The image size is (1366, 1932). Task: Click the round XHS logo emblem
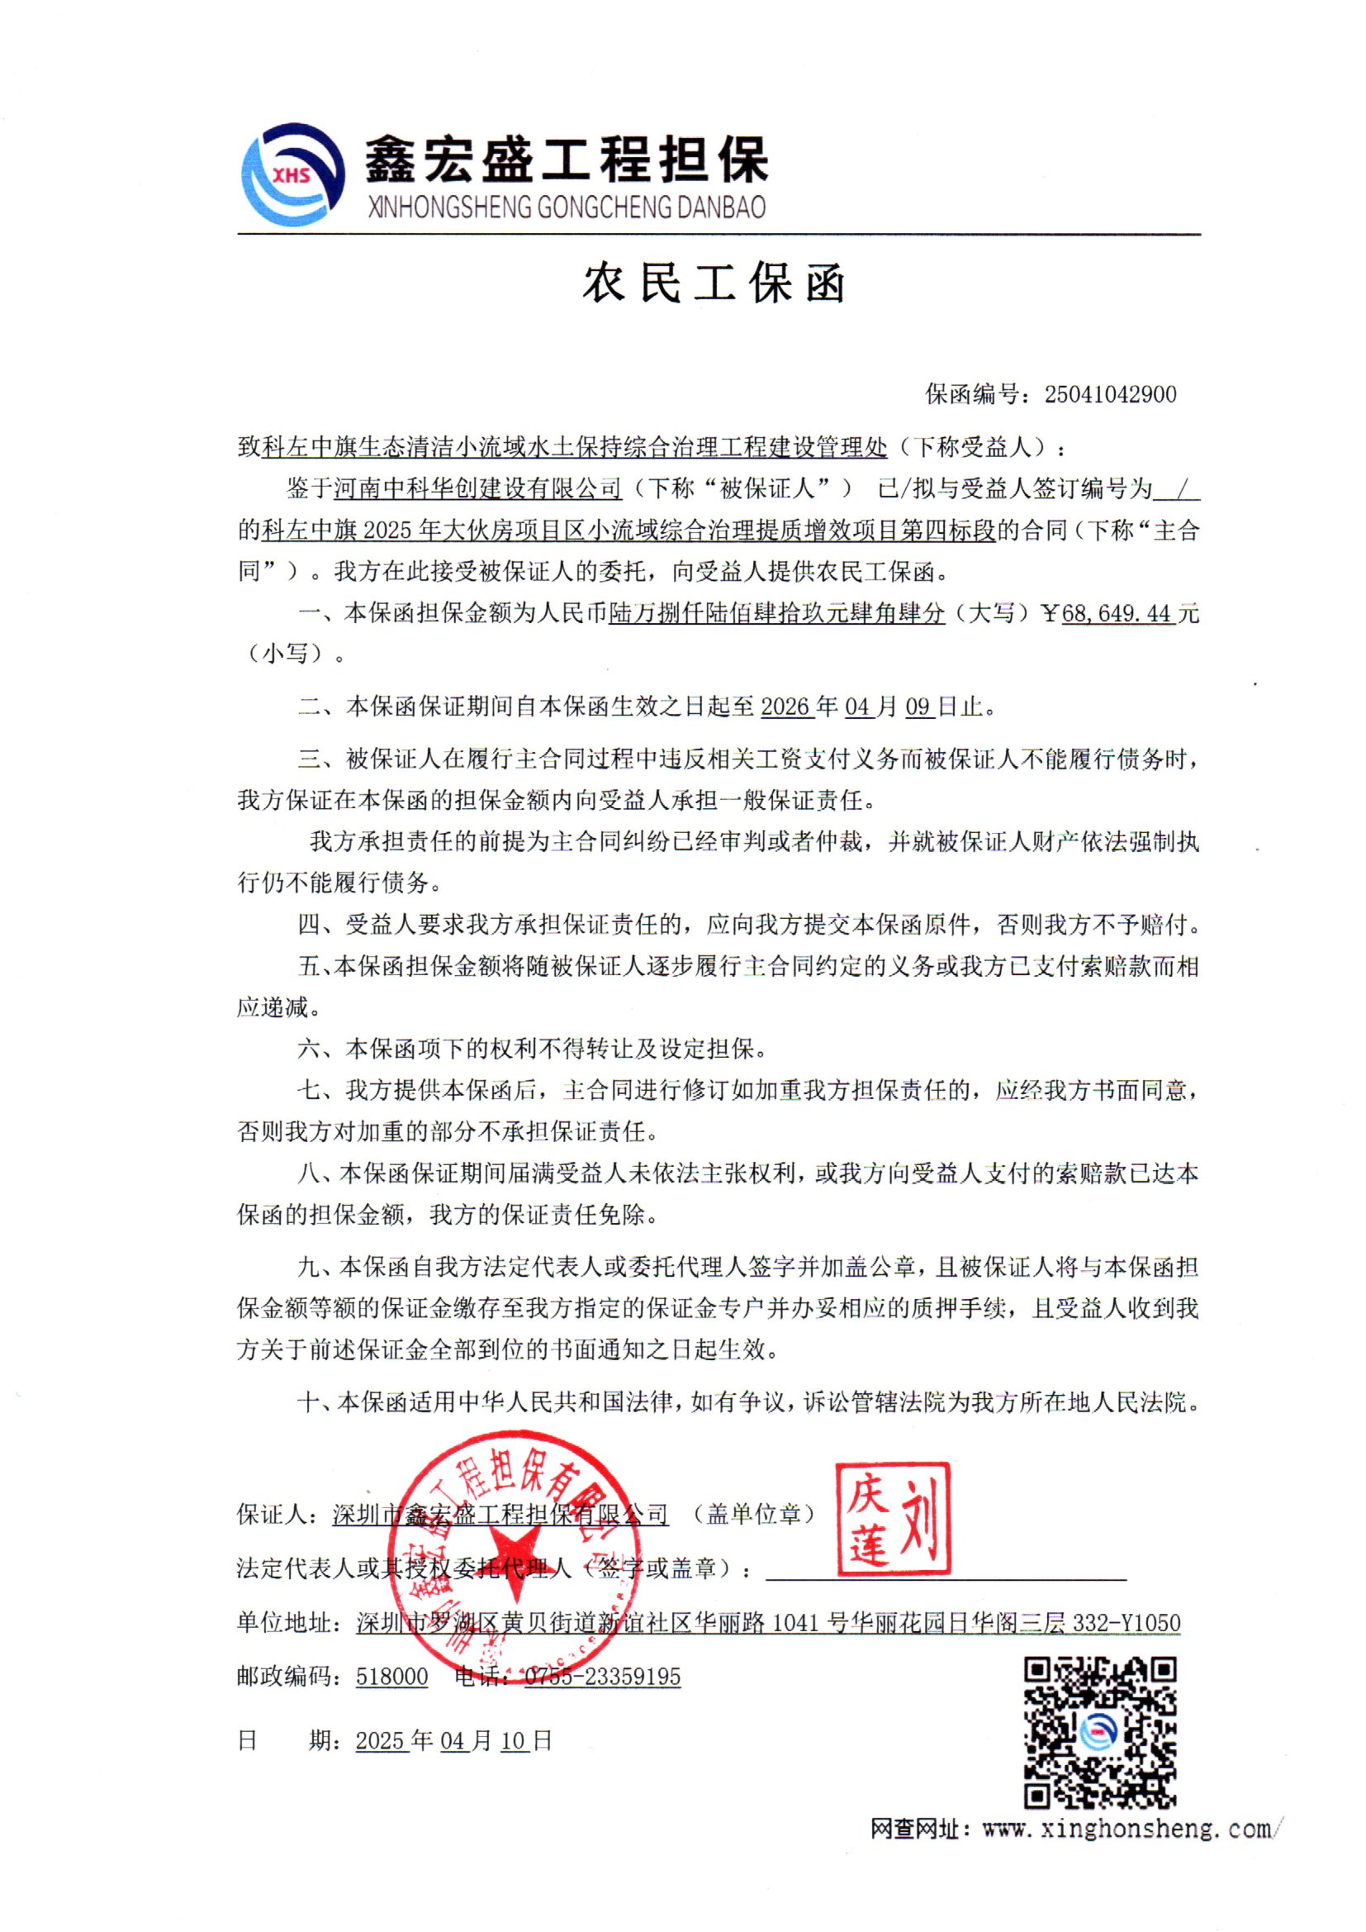pos(292,174)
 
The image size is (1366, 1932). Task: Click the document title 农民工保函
pos(714,283)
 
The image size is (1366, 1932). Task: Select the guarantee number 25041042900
pos(1110,395)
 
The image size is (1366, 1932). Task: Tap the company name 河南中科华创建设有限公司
pos(477,488)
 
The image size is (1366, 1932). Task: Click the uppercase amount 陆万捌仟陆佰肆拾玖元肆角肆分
pos(777,613)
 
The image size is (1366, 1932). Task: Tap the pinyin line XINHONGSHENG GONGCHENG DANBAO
pos(566,207)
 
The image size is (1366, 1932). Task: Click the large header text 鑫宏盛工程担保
pos(566,159)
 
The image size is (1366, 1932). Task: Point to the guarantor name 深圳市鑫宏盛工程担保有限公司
pos(500,1515)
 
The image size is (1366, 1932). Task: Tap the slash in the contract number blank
pos(1177,488)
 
